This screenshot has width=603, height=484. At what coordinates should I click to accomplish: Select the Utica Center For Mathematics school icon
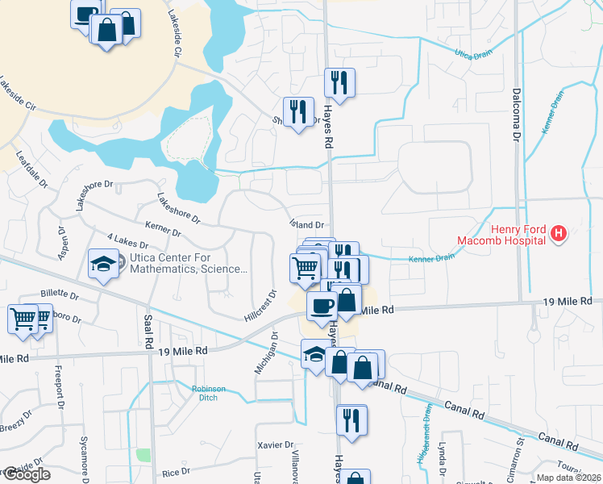pyautogui.click(x=103, y=264)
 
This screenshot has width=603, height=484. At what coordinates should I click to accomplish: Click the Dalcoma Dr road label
pyautogui.click(x=517, y=114)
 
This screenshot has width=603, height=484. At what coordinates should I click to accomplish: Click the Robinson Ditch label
pyautogui.click(x=208, y=393)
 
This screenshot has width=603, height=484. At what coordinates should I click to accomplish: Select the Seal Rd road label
pyautogui.click(x=149, y=332)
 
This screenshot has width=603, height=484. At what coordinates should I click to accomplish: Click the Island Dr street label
pyautogui.click(x=306, y=226)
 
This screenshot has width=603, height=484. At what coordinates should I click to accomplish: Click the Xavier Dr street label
pyautogui.click(x=277, y=444)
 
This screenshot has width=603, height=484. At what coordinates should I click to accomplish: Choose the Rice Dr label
pyautogui.click(x=175, y=471)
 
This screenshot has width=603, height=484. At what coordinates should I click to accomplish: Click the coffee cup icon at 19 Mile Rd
pyautogui.click(x=321, y=305)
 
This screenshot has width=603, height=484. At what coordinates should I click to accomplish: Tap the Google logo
pyautogui.click(x=27, y=474)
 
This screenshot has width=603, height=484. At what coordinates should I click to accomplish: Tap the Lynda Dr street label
pyautogui.click(x=442, y=459)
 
